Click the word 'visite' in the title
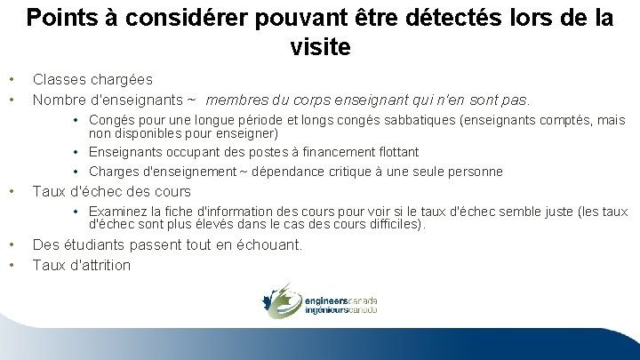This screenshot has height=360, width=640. [320, 46]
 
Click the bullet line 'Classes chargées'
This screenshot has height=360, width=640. [92, 80]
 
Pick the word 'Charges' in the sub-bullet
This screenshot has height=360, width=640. [114, 171]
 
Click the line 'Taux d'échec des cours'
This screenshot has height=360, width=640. [111, 191]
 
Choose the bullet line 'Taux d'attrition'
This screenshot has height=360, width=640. [81, 265]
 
